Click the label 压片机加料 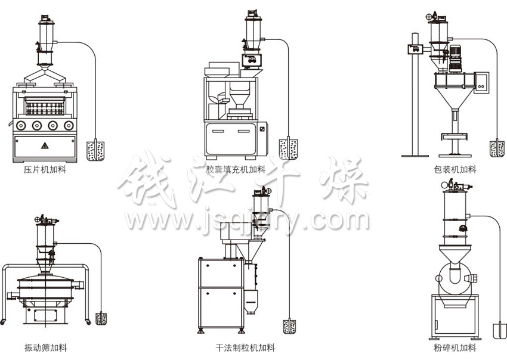coord(45,170)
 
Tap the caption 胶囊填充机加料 coord(236,169)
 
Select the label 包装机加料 coord(455,169)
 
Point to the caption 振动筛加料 coord(45,347)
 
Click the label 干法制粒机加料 coord(245,347)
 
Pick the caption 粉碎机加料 coord(455,347)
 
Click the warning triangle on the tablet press coord(45,146)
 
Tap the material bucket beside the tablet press coord(95,151)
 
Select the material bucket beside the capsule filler coord(289,149)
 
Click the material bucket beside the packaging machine coord(497,149)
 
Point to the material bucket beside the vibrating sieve coord(101,319)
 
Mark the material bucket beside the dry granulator coord(289,327)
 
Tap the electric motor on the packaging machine coord(456,58)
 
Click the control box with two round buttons coord(481,83)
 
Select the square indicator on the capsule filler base coord(262,129)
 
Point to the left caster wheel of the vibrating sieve coord(2,321)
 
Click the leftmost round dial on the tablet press coord(21,125)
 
